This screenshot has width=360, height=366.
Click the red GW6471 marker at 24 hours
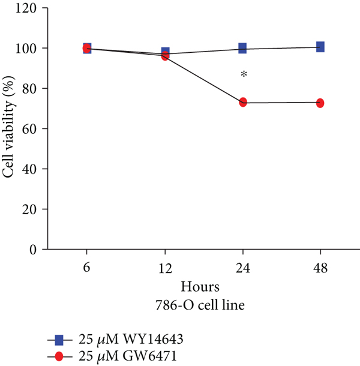(x=243, y=103)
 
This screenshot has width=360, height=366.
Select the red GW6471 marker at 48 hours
(x=320, y=103)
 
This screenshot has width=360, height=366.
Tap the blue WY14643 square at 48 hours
(x=320, y=47)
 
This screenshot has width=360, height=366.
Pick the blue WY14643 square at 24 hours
(x=242, y=48)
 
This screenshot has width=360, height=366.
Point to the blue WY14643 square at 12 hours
(x=165, y=52)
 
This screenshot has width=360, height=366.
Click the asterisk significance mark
(x=244, y=75)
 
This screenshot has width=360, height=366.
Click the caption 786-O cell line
(x=204, y=304)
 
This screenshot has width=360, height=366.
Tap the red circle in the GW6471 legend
(x=59, y=356)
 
